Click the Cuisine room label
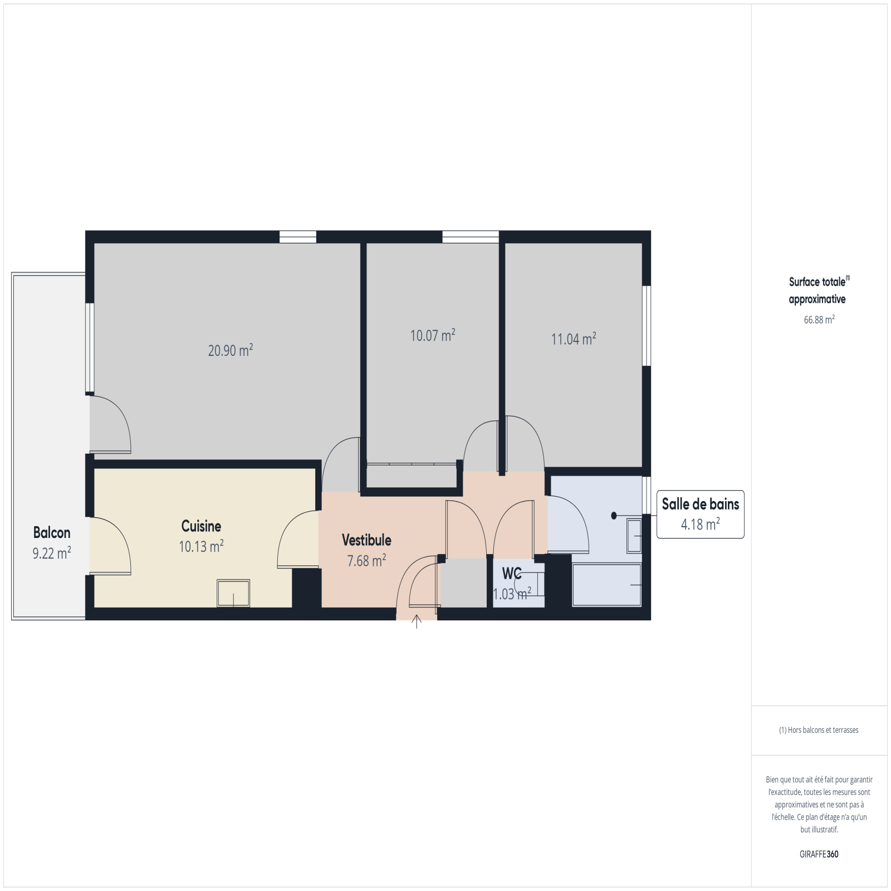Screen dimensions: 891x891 point(201,526)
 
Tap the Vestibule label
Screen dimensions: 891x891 point(366,540)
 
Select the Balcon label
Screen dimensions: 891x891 point(52,532)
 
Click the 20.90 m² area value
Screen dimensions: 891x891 point(231,350)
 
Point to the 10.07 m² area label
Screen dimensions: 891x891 point(433,335)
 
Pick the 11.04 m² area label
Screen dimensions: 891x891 point(574,339)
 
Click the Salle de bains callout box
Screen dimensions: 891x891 point(701,514)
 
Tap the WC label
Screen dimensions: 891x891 point(512,573)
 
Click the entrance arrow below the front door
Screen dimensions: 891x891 point(417,621)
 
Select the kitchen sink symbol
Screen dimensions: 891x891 point(233,593)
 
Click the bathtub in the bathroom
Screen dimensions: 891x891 point(607,585)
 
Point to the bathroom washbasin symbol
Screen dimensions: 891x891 point(634,536)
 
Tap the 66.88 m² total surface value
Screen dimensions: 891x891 point(819,320)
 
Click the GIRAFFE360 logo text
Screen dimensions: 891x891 point(819,854)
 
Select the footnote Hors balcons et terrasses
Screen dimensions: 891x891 point(819,730)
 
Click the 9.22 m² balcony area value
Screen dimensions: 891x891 point(52,553)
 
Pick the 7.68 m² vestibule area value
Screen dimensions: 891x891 point(366,560)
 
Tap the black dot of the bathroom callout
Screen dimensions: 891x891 point(614,516)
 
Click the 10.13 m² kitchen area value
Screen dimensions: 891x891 point(201,546)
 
